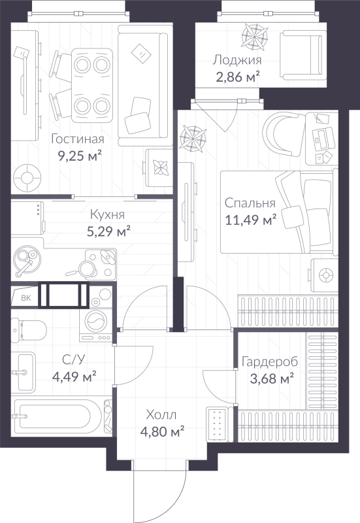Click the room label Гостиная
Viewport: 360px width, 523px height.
pyautogui.click(x=78, y=139)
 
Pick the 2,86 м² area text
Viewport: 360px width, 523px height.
pyautogui.click(x=237, y=77)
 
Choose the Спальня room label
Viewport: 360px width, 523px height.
pyautogui.click(x=249, y=203)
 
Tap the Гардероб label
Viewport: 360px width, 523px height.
pyautogui.click(x=269, y=362)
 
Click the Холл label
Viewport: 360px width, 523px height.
pyautogui.click(x=161, y=414)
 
